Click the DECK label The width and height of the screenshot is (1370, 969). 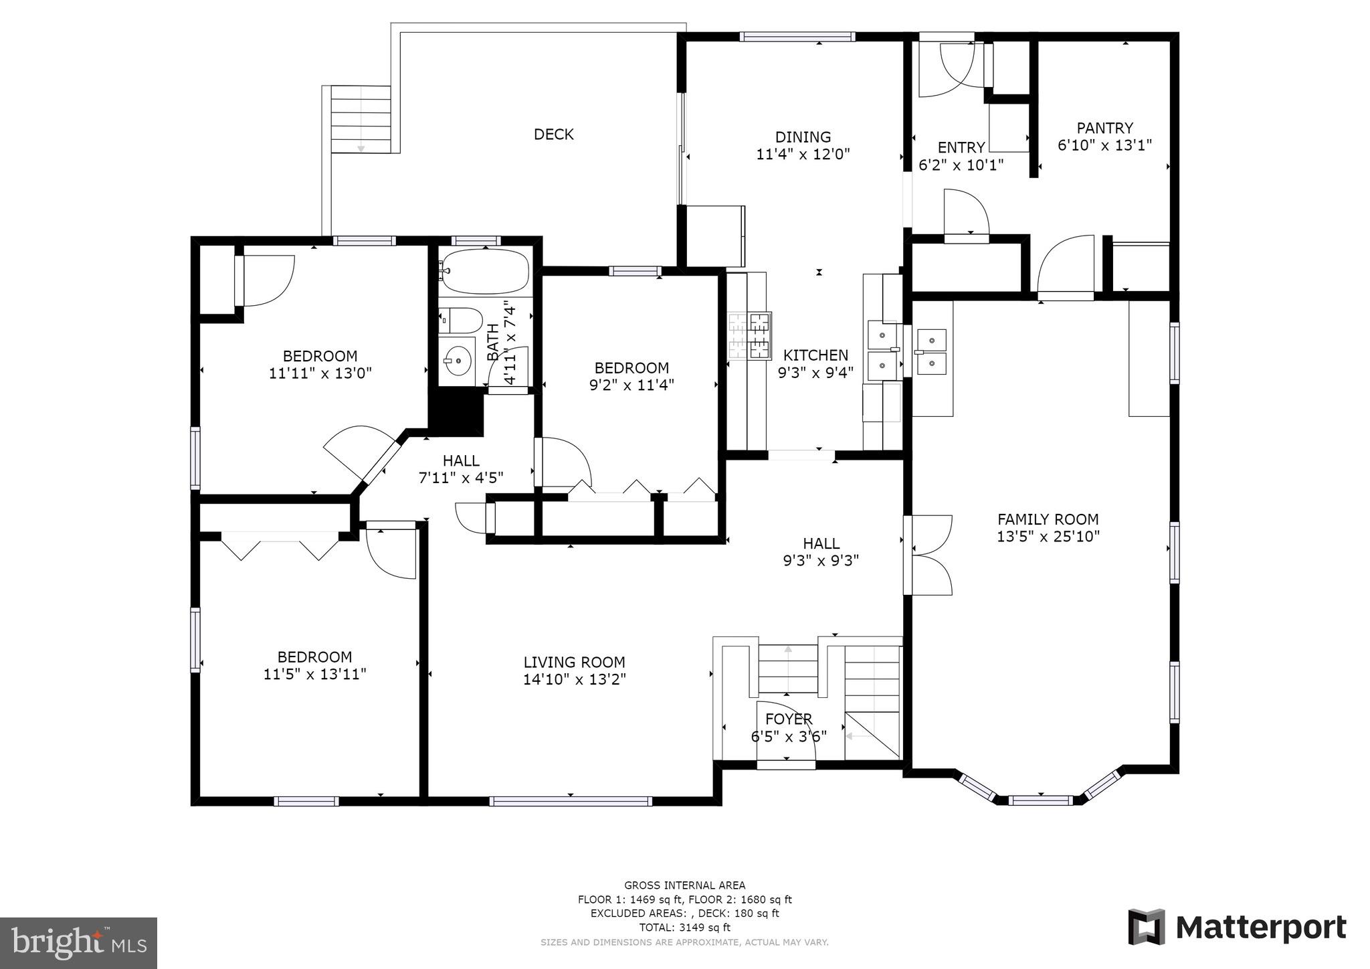pyautogui.click(x=553, y=135)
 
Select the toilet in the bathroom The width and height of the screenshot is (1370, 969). pyautogui.click(x=461, y=321)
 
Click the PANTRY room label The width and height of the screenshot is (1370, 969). pyautogui.click(x=1104, y=128)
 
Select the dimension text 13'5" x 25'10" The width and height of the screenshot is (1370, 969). pyautogui.click(x=1048, y=537)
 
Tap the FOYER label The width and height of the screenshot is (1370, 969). pyautogui.click(x=789, y=719)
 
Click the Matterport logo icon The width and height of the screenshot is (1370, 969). pyautogui.click(x=1147, y=928)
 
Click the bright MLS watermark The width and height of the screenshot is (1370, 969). pyautogui.click(x=78, y=943)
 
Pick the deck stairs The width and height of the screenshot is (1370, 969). pyautogui.click(x=361, y=120)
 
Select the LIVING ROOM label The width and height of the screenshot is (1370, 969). pyautogui.click(x=574, y=663)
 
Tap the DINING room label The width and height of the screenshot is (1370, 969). pyautogui.click(x=803, y=137)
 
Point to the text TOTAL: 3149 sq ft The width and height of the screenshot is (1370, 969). pyautogui.click(x=684, y=928)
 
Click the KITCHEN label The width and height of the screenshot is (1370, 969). pyautogui.click(x=815, y=355)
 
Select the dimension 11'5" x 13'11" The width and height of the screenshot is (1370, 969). pyautogui.click(x=315, y=675)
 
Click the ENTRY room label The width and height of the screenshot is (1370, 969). pyautogui.click(x=961, y=148)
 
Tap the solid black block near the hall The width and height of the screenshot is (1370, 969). pyautogui.click(x=456, y=414)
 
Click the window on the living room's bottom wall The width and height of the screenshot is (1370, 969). pyautogui.click(x=571, y=801)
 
